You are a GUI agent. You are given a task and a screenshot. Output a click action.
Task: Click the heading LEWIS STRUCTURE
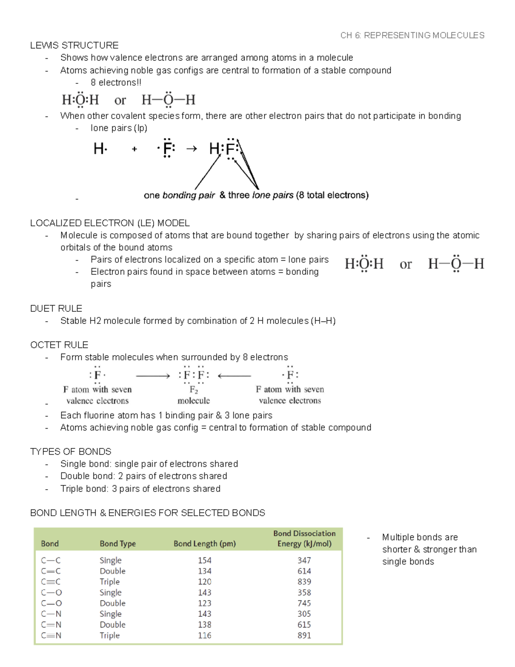pos(74,46)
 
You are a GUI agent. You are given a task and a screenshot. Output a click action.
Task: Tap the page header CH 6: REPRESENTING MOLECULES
pos(412,35)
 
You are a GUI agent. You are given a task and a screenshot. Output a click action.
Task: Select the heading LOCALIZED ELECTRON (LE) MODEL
pos(110,223)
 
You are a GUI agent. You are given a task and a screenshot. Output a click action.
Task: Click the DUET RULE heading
pos(56,308)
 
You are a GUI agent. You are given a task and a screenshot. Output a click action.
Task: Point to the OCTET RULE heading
pos(59,345)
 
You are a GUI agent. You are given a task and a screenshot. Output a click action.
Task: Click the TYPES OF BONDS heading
pos(71,451)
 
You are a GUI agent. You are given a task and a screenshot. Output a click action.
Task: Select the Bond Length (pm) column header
pos(205,543)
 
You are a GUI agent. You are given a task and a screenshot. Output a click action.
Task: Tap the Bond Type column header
pos(118,543)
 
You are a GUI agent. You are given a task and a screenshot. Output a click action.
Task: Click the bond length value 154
pos(205,560)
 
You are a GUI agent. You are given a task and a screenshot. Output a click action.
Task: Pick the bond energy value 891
pos(304,635)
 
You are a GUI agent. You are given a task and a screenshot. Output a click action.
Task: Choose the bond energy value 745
pos(304,603)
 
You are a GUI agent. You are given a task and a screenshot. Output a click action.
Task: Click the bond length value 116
pos(205,635)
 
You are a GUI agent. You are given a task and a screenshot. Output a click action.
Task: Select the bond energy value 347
pos(304,560)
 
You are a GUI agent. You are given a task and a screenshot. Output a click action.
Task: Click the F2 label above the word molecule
pos(194,390)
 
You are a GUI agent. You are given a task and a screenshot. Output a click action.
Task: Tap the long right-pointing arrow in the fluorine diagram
pos(153,376)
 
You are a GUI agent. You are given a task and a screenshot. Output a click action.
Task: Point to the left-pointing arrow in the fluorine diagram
pos(234,376)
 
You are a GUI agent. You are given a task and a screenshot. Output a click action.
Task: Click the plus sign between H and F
pos(134,149)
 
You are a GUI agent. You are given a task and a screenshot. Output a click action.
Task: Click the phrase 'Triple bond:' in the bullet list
pos(85,489)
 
